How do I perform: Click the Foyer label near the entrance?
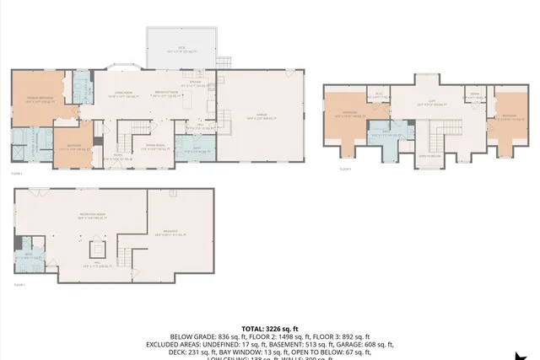pyautogui.click(x=117, y=155)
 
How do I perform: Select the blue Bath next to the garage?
pyautogui.click(x=196, y=149)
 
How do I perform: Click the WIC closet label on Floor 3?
pyautogui.click(x=379, y=95)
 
